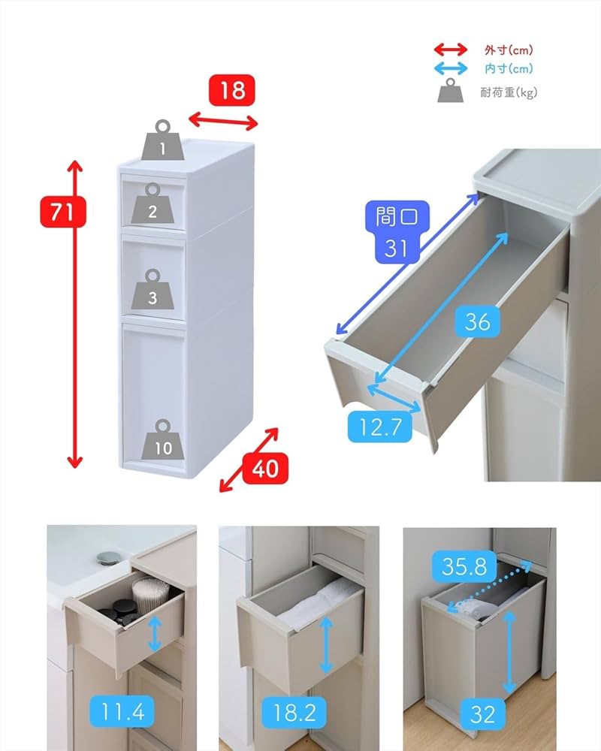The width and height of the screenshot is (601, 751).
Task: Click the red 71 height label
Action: point(63,213)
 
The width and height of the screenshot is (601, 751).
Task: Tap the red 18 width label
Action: point(232,91)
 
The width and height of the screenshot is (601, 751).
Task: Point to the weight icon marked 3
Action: point(153,289)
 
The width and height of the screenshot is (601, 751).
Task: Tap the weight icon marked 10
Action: point(163,439)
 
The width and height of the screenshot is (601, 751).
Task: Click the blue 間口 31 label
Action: point(396,231)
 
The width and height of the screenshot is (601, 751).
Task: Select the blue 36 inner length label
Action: point(477,321)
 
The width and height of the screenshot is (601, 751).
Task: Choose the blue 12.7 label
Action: point(381,428)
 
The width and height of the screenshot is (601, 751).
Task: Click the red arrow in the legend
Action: point(451,50)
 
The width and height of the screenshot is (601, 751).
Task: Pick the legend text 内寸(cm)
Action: point(509,69)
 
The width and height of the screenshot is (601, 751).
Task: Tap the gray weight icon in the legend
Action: point(451,91)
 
